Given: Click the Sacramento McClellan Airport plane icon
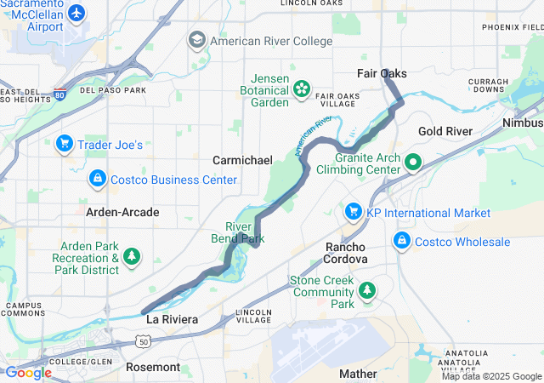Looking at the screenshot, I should coord(77,13).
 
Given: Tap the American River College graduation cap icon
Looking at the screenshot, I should coord(197,40).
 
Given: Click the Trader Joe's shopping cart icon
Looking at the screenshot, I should coord(64,144).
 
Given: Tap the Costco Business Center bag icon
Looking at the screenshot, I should coord(98,180).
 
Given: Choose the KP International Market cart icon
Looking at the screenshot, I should coord(353,211).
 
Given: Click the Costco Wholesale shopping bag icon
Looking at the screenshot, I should coord(400,241).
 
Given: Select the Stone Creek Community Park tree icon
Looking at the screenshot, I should coord(367,291).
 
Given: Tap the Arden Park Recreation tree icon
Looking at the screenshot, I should coord(132,255).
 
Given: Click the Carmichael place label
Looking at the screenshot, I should coord(242,160).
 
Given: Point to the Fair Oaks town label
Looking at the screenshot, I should coord(382,74).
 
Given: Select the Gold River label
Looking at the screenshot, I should coord(445,132).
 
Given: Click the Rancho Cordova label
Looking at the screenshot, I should coord(346,252).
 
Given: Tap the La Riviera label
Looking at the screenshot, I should coord(172,320).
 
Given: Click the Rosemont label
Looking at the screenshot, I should coord(153,367).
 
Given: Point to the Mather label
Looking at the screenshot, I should coord(358,373).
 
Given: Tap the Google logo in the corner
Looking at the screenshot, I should coord(28,372).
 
